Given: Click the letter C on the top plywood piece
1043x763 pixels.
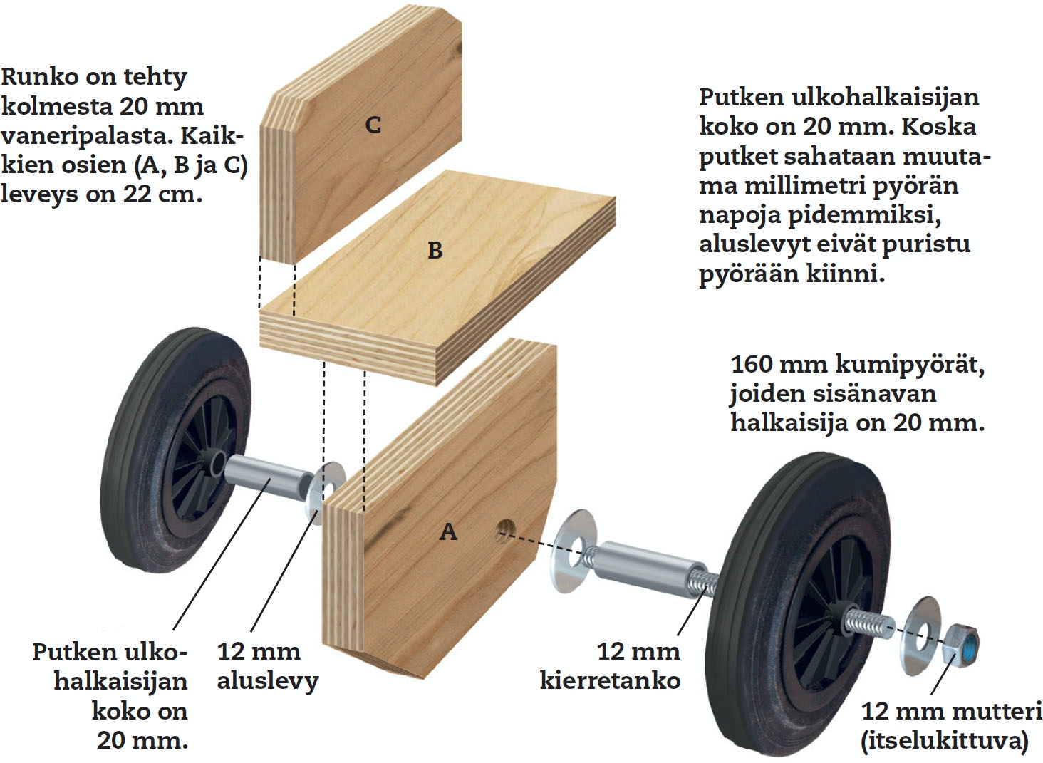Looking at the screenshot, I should (373, 125).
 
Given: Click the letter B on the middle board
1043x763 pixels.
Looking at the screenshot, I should (435, 251).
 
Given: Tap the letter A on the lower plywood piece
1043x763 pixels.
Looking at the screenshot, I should (448, 531).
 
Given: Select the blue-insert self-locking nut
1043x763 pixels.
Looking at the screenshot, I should (962, 643).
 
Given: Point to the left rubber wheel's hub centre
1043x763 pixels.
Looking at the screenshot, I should (214, 464).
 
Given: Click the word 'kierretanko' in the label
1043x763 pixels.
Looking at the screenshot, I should (610, 680).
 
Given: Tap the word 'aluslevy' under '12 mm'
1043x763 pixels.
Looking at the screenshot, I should (267, 680).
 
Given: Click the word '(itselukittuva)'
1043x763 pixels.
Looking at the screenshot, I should (945, 740).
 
